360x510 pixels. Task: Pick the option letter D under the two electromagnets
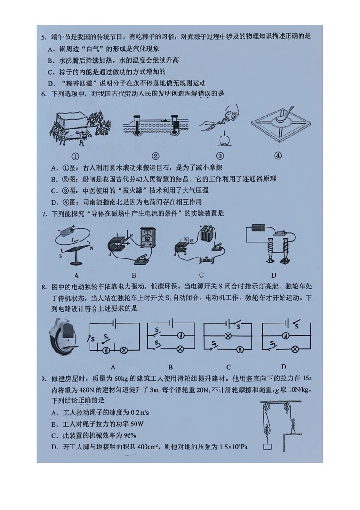pyautogui.click(x=273, y=275)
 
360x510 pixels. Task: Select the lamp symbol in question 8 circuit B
pyautogui.click(x=180, y=349)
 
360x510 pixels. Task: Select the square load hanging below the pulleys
pyautogui.click(x=268, y=447)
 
